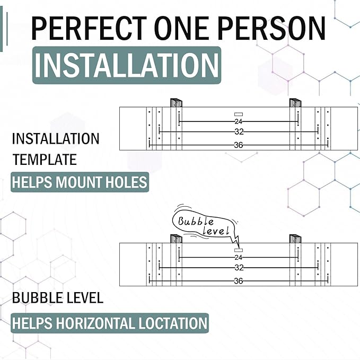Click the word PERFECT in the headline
tap(89, 28)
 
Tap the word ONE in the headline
tap(181, 28)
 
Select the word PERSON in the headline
tap(271, 28)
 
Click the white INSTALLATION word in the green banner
tap(127, 65)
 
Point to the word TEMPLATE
tap(45, 160)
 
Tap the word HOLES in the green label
tap(126, 182)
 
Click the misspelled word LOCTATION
tap(172, 323)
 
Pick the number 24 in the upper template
tap(238, 121)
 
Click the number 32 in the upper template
tap(239, 132)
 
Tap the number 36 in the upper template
tap(238, 145)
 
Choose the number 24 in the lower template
tap(238, 257)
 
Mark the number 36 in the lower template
tap(238, 281)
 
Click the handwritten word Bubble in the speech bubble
tap(196, 221)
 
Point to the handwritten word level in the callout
tap(216, 231)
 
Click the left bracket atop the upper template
tap(176, 103)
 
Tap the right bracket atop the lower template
tap(295, 239)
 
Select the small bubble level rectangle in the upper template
tap(239, 114)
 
